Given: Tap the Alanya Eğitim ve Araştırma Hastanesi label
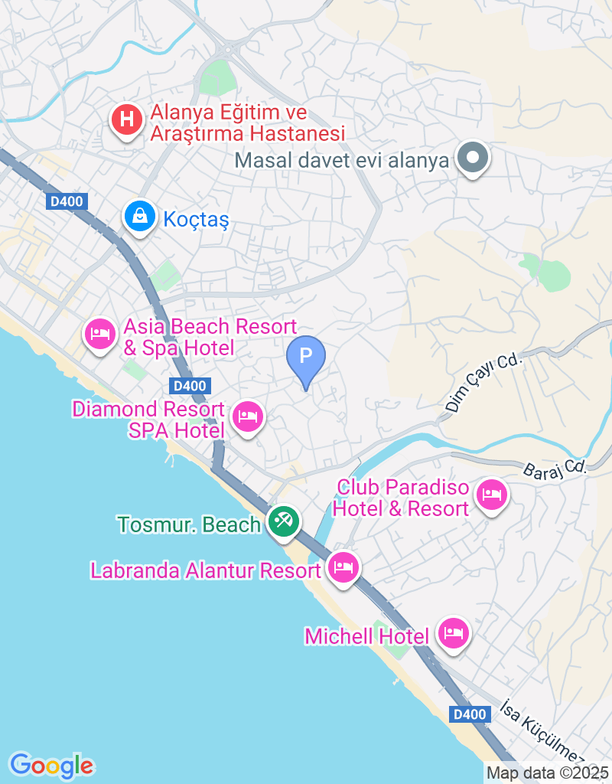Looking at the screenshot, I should pyautogui.click(x=247, y=123).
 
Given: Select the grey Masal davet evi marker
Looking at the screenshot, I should pyautogui.click(x=472, y=158).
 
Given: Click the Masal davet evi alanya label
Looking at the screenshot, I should pyautogui.click(x=342, y=162).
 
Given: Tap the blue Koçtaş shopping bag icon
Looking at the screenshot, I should pyautogui.click(x=140, y=217).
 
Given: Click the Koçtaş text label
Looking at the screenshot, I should pyautogui.click(x=197, y=220).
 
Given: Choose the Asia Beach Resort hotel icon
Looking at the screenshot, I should pyautogui.click(x=99, y=335).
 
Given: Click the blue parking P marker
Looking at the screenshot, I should pyautogui.click(x=306, y=358).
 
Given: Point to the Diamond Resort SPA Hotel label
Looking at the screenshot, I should pyautogui.click(x=148, y=420).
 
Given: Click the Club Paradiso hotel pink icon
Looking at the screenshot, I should pyautogui.click(x=490, y=495).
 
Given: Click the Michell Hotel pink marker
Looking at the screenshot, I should pyautogui.click(x=454, y=633).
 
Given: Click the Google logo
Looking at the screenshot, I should pyautogui.click(x=51, y=765).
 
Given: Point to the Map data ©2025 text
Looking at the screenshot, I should pyautogui.click(x=548, y=773).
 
